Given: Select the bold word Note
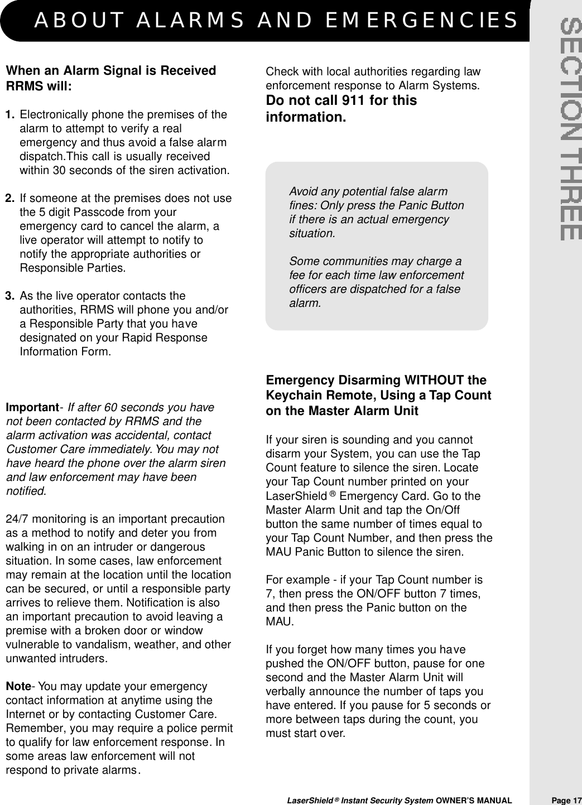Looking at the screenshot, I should pos(18,687).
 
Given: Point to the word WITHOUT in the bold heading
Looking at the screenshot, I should pos(435,380).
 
